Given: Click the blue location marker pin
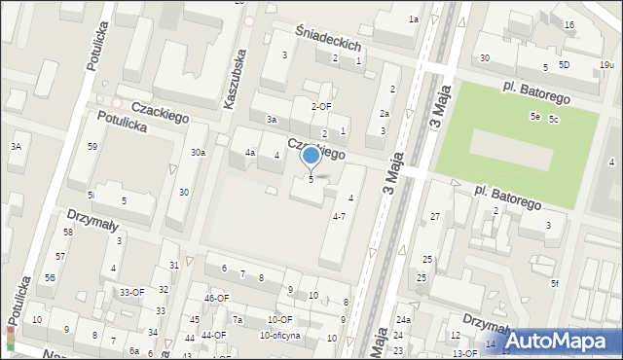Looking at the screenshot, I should [311, 156].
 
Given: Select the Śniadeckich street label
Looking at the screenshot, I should [330, 39].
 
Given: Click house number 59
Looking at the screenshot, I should [92, 147].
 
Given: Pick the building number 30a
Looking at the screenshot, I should [198, 153].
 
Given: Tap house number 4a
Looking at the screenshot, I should [250, 153].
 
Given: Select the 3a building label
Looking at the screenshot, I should [274, 120].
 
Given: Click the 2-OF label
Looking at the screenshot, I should [321, 106].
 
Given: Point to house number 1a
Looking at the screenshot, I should [413, 19].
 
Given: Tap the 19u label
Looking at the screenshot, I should [606, 64].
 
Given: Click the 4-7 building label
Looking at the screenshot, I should [339, 216].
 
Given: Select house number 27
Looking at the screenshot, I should [435, 216].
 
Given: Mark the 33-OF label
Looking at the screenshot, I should [131, 292].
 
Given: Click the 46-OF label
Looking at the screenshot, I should [216, 298].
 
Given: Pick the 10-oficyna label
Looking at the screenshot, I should [279, 336].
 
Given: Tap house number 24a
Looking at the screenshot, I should [403, 320].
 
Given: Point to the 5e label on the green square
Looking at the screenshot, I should [534, 116].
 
